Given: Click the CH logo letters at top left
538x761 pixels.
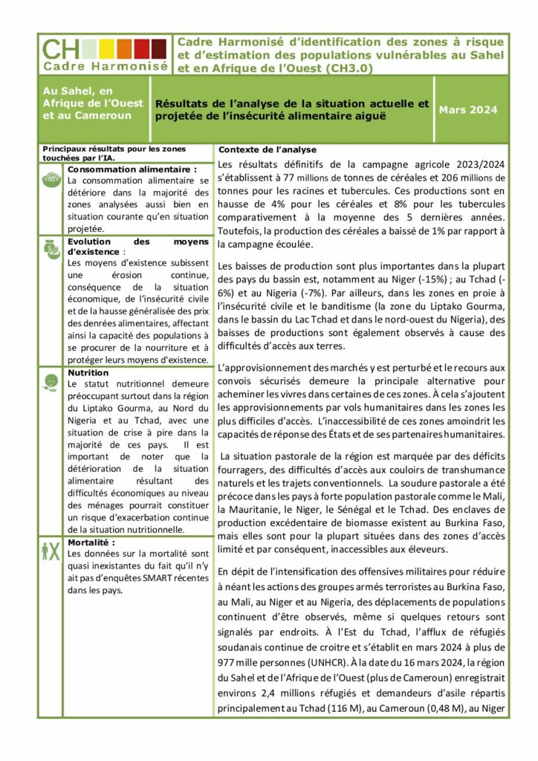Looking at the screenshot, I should [61, 49].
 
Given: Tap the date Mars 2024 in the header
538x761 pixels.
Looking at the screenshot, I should [468, 110].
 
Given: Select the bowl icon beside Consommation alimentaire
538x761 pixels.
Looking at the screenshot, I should [51, 178].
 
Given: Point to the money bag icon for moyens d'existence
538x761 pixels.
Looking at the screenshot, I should [51, 249].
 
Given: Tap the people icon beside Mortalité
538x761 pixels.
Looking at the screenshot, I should [51, 551].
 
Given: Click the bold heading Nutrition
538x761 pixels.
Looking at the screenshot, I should [88, 372].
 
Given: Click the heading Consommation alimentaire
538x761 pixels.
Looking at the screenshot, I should [132, 169].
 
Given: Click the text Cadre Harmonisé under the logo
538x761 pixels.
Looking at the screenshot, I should [105, 65].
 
